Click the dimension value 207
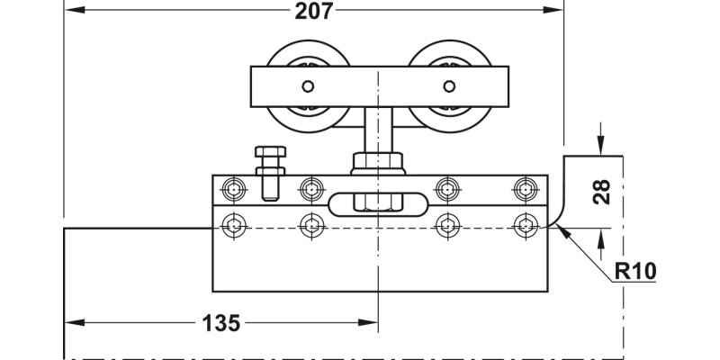tap(314, 12)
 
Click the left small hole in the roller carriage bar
tap(308, 87)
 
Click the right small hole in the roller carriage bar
tap(448, 87)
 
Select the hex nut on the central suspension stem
tap(378, 164)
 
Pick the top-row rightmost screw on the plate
tap(525, 189)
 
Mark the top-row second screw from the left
tap(311, 189)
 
